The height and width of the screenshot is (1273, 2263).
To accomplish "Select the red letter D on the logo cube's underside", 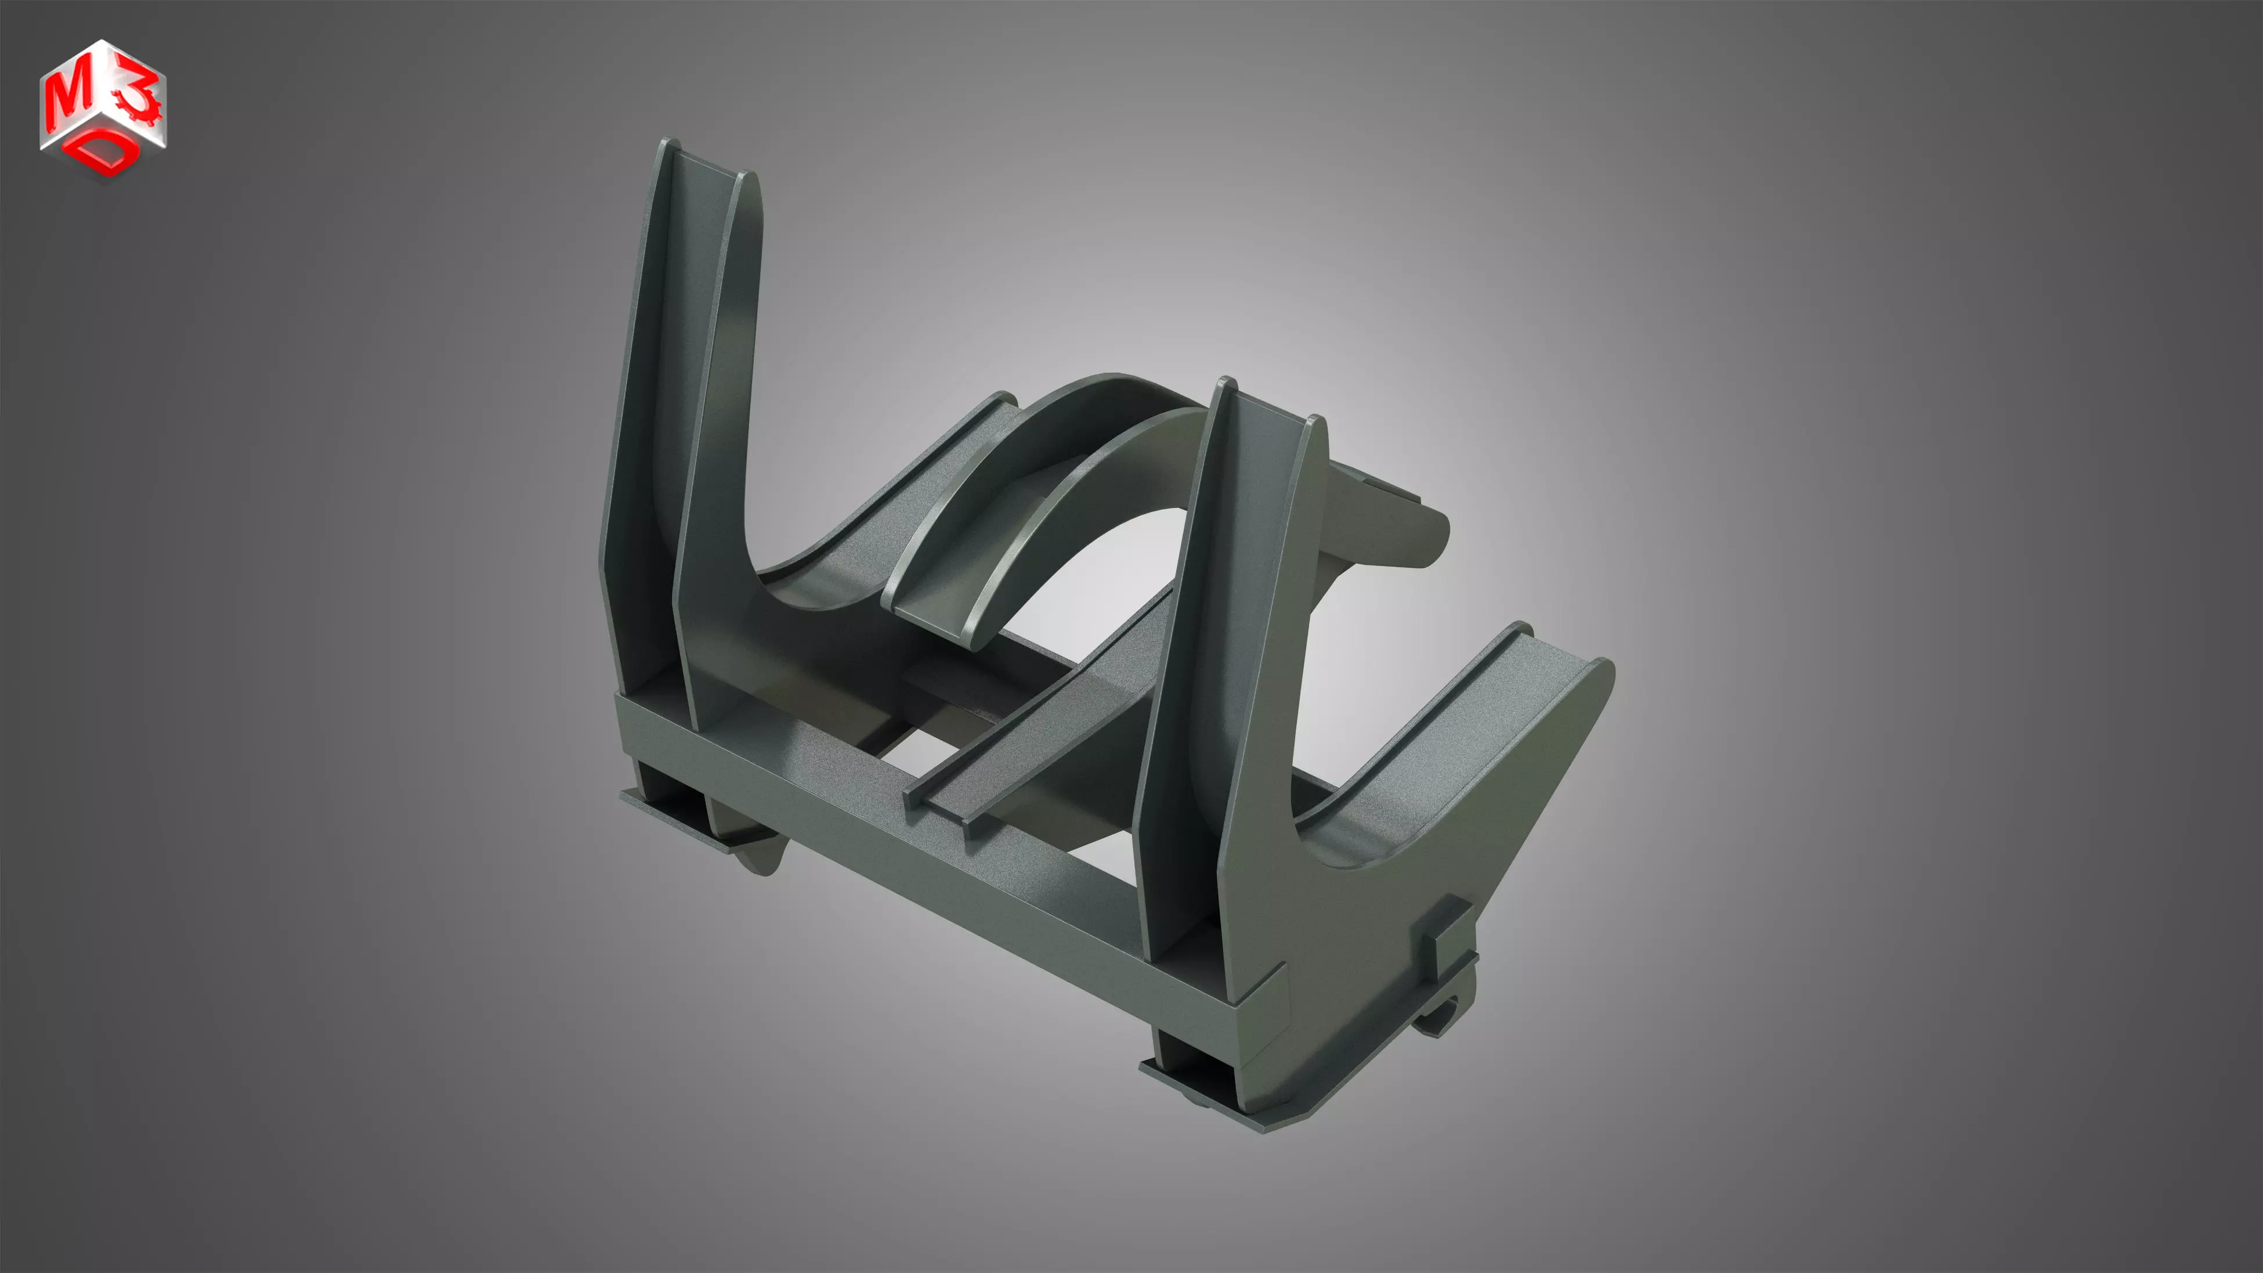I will click(x=106, y=157).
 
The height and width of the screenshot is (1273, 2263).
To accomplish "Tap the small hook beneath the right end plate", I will click(x=1441, y=1019).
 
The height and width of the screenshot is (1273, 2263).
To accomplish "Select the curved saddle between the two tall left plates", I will click(x=808, y=580).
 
